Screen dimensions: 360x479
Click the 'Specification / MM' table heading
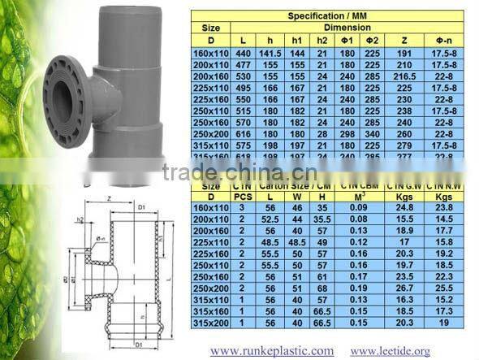(333, 15)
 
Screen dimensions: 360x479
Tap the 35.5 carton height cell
(322, 219)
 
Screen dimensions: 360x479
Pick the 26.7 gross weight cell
(406, 287)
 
